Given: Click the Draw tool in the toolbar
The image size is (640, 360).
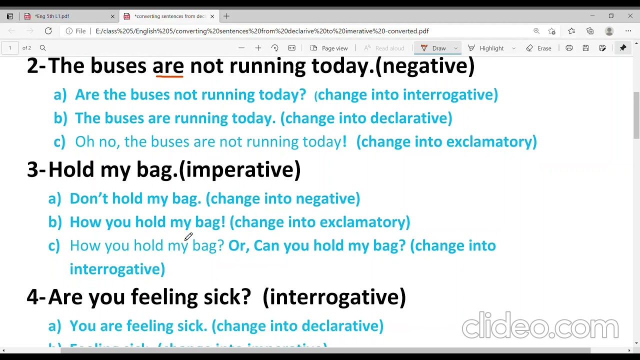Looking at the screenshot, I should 433,48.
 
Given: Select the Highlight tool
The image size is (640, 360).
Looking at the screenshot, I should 486,48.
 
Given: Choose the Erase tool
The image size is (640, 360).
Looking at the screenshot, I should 538,48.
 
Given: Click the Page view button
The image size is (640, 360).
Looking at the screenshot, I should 329,48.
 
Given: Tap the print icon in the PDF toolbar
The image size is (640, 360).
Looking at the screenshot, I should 569,48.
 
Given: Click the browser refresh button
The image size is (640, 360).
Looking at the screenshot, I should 48,31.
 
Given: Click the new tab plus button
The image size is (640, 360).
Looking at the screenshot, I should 226,16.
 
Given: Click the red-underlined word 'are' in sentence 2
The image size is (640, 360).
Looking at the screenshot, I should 168,66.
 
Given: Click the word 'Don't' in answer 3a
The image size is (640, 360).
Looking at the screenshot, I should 88,198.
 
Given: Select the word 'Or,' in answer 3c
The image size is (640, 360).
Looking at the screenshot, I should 238,245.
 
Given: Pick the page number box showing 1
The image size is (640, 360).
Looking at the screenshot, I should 9,48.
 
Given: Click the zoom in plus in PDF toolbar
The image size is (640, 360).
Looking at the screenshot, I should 258,48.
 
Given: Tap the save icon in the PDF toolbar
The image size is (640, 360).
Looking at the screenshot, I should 585,48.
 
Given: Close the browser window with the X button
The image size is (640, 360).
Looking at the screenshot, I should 630,16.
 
